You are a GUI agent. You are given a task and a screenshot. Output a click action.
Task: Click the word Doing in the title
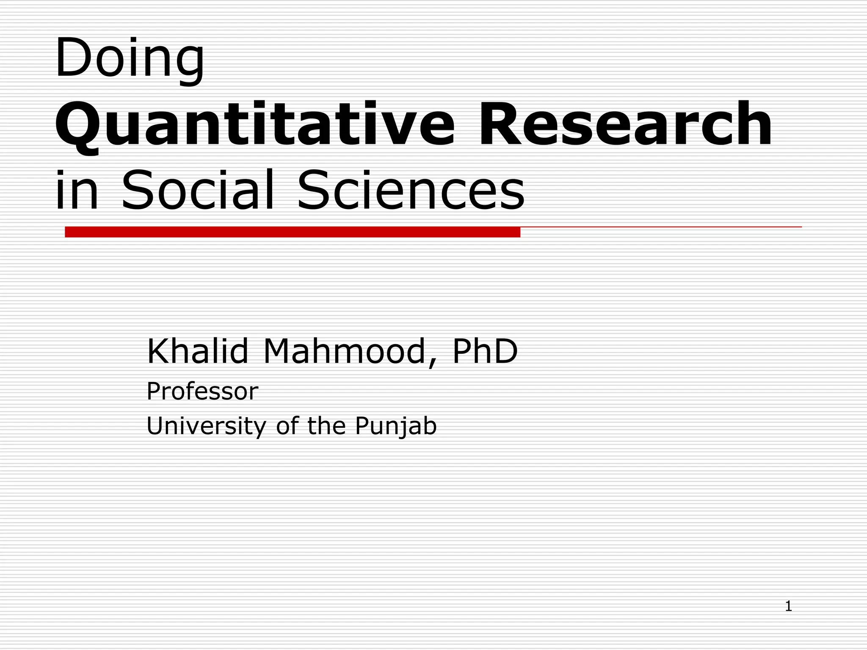129,58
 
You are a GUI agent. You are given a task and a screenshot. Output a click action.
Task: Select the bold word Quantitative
254,125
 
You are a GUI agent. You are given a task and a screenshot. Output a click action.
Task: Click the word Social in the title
198,190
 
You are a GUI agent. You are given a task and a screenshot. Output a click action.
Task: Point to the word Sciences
411,190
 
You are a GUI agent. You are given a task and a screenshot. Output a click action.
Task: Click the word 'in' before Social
76,190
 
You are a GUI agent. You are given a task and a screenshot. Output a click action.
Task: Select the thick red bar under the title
292,232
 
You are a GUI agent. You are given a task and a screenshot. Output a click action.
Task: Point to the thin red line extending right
660,227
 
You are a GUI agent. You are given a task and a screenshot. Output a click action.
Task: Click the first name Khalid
197,351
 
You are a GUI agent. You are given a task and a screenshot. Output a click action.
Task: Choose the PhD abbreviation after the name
485,351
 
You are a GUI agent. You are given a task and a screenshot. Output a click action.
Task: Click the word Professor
202,391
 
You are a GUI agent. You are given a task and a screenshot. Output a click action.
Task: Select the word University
206,426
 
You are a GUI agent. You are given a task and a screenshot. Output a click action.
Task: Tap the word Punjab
395,426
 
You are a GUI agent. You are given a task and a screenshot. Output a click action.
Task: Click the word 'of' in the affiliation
287,426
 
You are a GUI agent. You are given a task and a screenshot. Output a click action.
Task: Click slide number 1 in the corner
788,606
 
